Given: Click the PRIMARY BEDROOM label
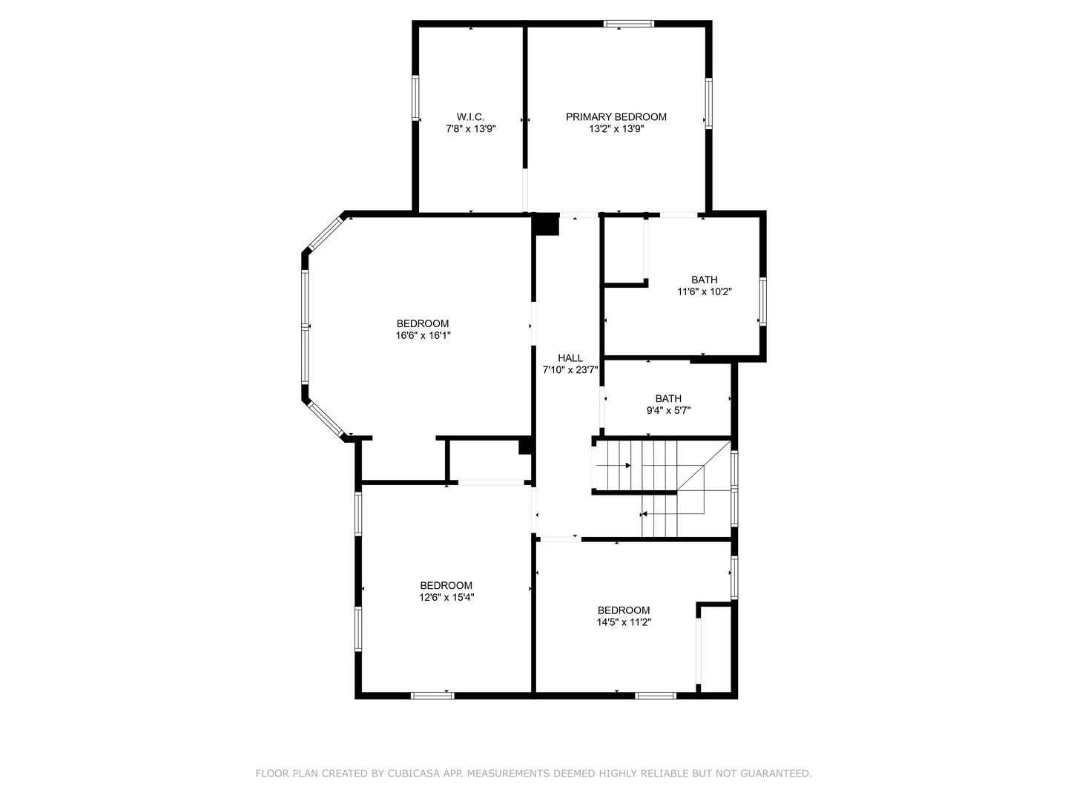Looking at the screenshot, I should (616, 116).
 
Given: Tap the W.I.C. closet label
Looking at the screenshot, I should (470, 116).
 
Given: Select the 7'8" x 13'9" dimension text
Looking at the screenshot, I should (470, 128).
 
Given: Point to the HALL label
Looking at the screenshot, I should (570, 357).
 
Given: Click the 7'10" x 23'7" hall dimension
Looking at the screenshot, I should (570, 369).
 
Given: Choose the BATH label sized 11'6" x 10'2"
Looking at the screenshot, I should (704, 280).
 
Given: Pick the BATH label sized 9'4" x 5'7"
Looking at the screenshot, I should (667, 398).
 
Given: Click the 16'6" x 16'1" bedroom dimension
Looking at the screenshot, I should (423, 335).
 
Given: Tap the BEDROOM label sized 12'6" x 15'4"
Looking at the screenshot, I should (446, 585).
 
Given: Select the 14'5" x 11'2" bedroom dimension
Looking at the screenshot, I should (624, 622).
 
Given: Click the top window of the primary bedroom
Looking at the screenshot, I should (629, 24).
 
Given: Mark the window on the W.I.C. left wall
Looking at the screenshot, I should (416, 98).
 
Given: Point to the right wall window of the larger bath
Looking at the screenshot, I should (762, 300).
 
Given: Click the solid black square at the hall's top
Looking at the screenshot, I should (547, 224).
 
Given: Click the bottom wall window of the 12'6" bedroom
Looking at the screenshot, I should (432, 695).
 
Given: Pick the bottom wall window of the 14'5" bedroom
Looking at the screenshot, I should (656, 695).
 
